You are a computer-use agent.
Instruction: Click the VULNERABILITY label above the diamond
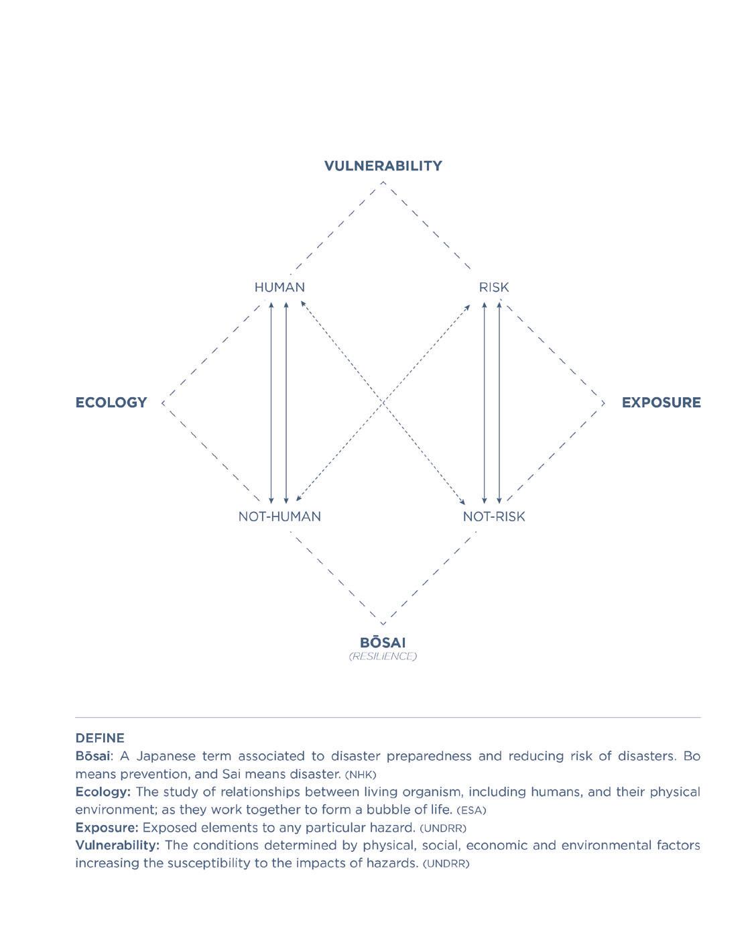pyautogui.click(x=383, y=166)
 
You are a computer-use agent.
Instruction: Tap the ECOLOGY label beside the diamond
pyautogui.click(x=111, y=402)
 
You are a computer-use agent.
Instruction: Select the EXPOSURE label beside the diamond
pyautogui.click(x=661, y=402)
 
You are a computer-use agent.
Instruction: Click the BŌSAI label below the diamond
pyautogui.click(x=383, y=642)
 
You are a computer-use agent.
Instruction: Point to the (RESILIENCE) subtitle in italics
pyautogui.click(x=383, y=656)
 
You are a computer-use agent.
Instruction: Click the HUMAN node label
pyautogui.click(x=279, y=287)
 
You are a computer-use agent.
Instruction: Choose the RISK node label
pyautogui.click(x=494, y=287)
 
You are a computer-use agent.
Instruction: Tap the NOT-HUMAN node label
pyautogui.click(x=279, y=516)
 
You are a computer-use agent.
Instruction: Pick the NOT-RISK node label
pyautogui.click(x=494, y=516)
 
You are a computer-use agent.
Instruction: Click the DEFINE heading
pyautogui.click(x=100, y=738)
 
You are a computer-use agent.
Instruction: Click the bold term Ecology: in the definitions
pyautogui.click(x=103, y=792)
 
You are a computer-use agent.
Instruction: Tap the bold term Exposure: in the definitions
pyautogui.click(x=107, y=827)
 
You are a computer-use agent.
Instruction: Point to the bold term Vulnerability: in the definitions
pyautogui.click(x=117, y=845)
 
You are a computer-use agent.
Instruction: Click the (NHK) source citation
pyautogui.click(x=361, y=775)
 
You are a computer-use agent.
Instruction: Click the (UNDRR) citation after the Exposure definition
pyautogui.click(x=443, y=828)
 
